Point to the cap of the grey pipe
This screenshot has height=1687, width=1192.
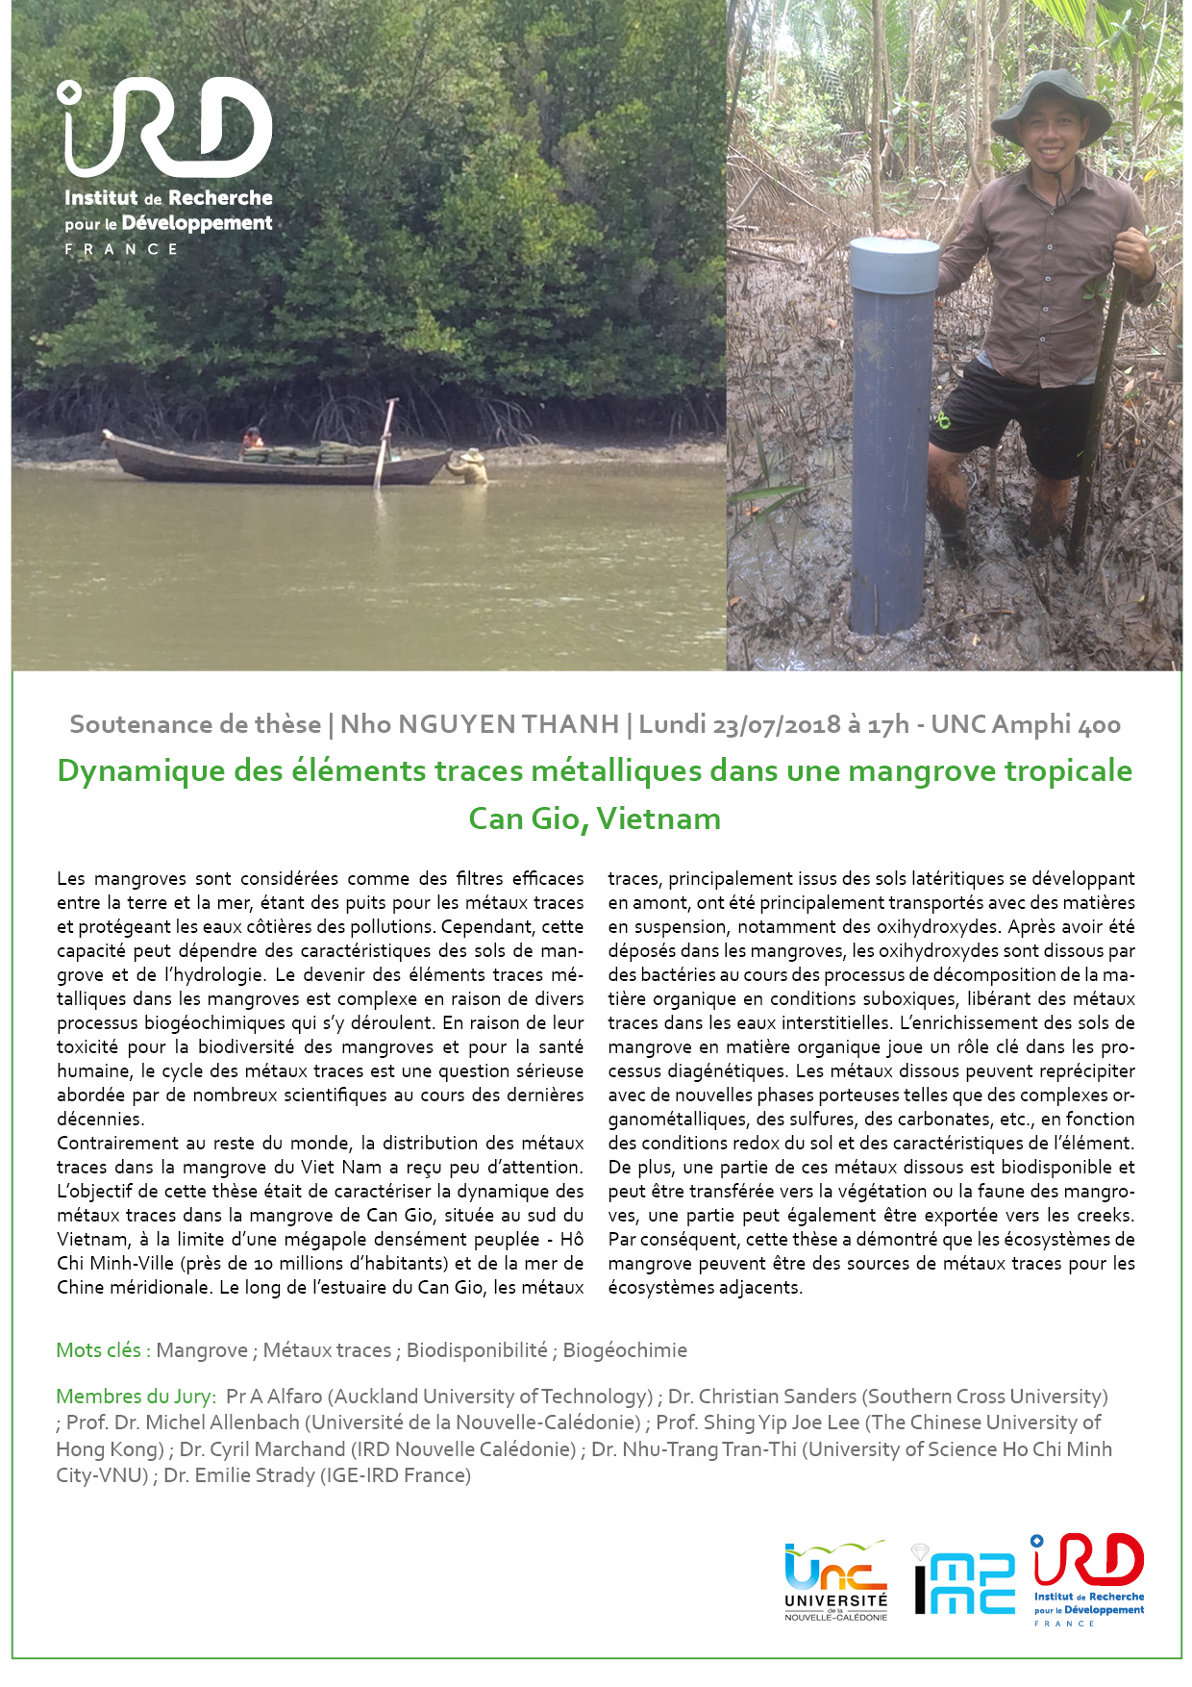[894, 264]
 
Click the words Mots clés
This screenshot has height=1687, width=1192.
[98, 1350]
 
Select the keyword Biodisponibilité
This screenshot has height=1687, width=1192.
[477, 1350]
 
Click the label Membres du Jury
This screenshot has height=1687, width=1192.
[136, 1397]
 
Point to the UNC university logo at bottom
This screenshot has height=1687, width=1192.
[835, 1580]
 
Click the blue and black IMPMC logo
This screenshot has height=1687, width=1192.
[962, 1580]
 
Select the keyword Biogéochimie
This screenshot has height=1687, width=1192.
[625, 1350]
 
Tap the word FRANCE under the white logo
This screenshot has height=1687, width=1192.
[121, 249]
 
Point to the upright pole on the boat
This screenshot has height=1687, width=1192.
[385, 442]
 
